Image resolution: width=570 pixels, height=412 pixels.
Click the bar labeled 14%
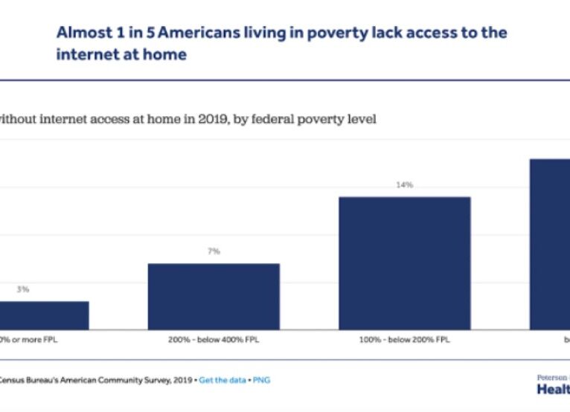[405, 263]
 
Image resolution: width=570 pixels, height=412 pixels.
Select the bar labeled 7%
[214, 296]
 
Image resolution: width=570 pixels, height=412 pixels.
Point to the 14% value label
[405, 184]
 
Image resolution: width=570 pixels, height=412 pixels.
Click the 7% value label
[214, 251]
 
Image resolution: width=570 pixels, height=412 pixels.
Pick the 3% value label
[23, 289]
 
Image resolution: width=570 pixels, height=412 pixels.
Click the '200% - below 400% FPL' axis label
[214, 339]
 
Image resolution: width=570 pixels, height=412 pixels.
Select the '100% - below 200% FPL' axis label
[405, 339]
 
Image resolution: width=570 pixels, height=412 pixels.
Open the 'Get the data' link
[225, 380]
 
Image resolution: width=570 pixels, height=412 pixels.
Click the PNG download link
[262, 380]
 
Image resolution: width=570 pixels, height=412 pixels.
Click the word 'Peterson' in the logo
[553, 377]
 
